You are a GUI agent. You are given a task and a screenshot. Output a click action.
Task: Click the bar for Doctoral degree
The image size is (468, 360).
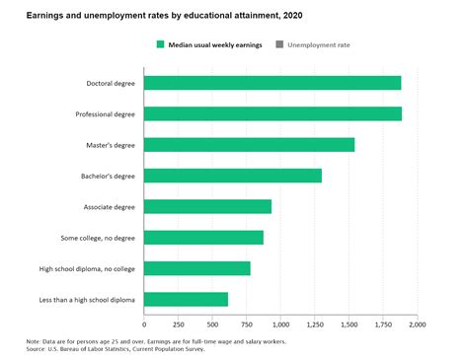click(x=273, y=83)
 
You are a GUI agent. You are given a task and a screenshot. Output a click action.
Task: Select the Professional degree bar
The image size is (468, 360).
click(x=273, y=113)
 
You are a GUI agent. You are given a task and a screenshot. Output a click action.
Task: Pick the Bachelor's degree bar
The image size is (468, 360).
click(x=233, y=176)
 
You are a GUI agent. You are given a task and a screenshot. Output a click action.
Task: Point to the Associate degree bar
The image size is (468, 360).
click(x=207, y=206)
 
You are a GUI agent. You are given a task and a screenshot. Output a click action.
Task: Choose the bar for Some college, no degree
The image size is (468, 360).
click(x=203, y=237)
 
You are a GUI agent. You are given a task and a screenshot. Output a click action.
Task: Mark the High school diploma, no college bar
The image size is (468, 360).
click(x=197, y=268)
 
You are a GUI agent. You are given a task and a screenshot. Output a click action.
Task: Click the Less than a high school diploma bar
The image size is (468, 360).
click(x=186, y=299)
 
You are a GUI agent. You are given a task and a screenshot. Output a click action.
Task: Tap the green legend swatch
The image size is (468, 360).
click(x=160, y=44)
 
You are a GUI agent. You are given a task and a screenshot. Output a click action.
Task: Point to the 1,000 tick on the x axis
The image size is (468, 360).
click(x=280, y=324)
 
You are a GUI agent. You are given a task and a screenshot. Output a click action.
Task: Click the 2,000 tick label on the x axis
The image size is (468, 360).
click(x=417, y=324)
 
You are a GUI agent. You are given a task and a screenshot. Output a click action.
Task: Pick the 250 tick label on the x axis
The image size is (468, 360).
click(x=179, y=324)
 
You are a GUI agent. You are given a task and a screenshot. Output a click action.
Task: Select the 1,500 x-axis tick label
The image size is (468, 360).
click(x=349, y=324)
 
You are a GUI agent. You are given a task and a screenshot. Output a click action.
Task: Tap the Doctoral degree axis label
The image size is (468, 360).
click(x=112, y=83)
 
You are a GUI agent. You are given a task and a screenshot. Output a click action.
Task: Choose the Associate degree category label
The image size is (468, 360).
click(x=110, y=206)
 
